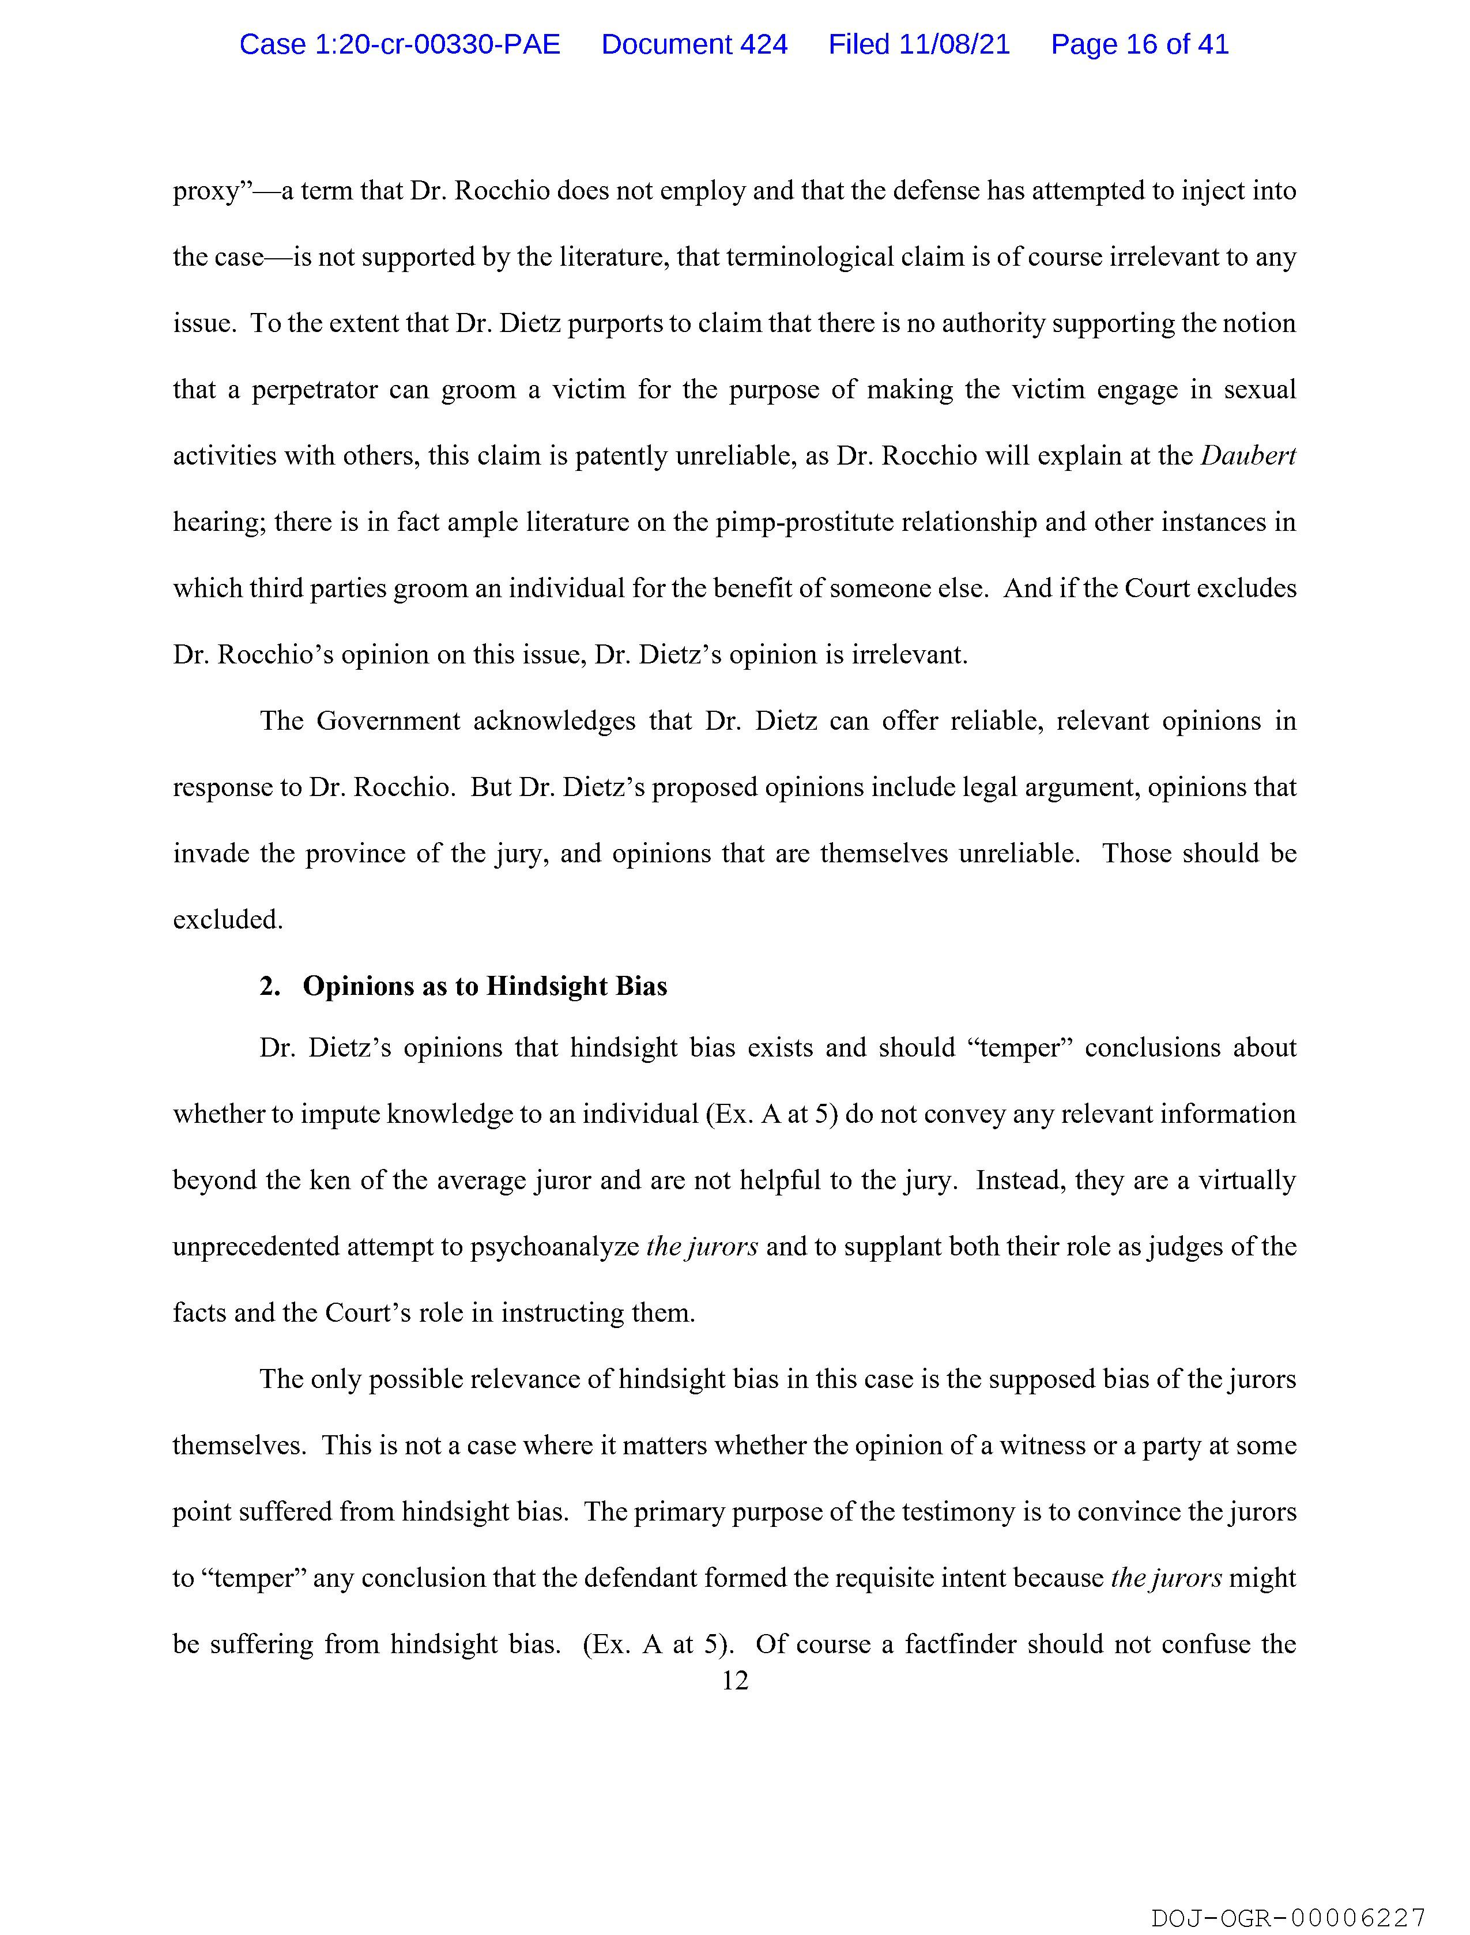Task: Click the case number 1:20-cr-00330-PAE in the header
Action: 400,44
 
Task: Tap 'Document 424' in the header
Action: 694,44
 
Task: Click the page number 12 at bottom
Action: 735,1680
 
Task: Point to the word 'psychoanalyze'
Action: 555,1247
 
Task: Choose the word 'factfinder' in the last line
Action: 960,1644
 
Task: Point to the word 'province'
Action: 355,853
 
